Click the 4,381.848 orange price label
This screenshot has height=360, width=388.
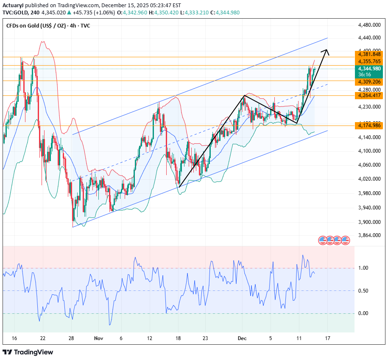pos(369,54)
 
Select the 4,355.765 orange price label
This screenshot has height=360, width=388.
pos(369,61)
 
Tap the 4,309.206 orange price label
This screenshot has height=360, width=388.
pos(369,81)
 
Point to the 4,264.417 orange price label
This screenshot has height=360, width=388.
pos(369,95)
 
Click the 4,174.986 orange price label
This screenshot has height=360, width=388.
pos(369,126)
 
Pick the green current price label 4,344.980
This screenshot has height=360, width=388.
pos(369,68)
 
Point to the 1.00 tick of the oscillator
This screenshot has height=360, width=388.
pos(363,268)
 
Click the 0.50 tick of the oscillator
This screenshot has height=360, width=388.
pos(363,290)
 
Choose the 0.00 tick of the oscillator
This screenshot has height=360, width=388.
pos(363,313)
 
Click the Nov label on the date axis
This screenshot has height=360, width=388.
pos(98,338)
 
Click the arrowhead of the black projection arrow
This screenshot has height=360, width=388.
pos(326,52)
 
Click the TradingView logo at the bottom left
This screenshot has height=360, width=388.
pos(28,352)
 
